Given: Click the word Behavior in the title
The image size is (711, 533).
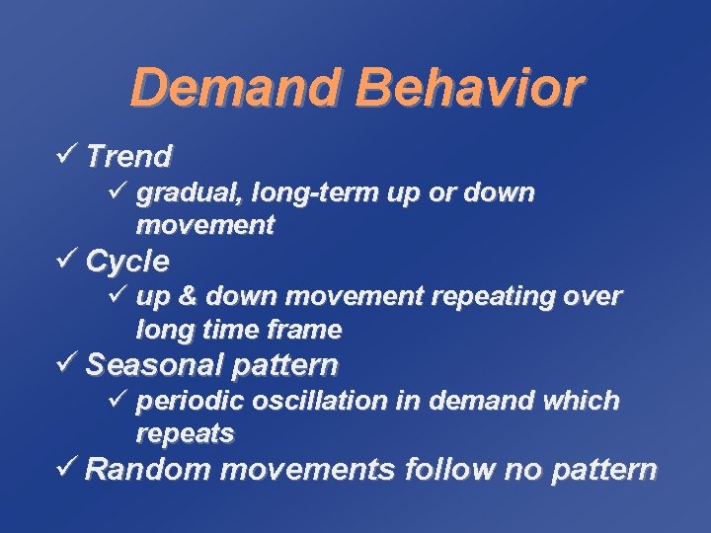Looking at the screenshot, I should (471, 88).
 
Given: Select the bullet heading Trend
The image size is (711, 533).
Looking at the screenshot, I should (129, 155).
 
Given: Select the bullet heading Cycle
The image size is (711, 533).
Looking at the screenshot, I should (127, 262).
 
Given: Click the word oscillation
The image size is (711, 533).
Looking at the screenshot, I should (311, 401).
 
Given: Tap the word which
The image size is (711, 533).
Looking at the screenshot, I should (587, 401).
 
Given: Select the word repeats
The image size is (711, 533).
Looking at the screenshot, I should (185, 432).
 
